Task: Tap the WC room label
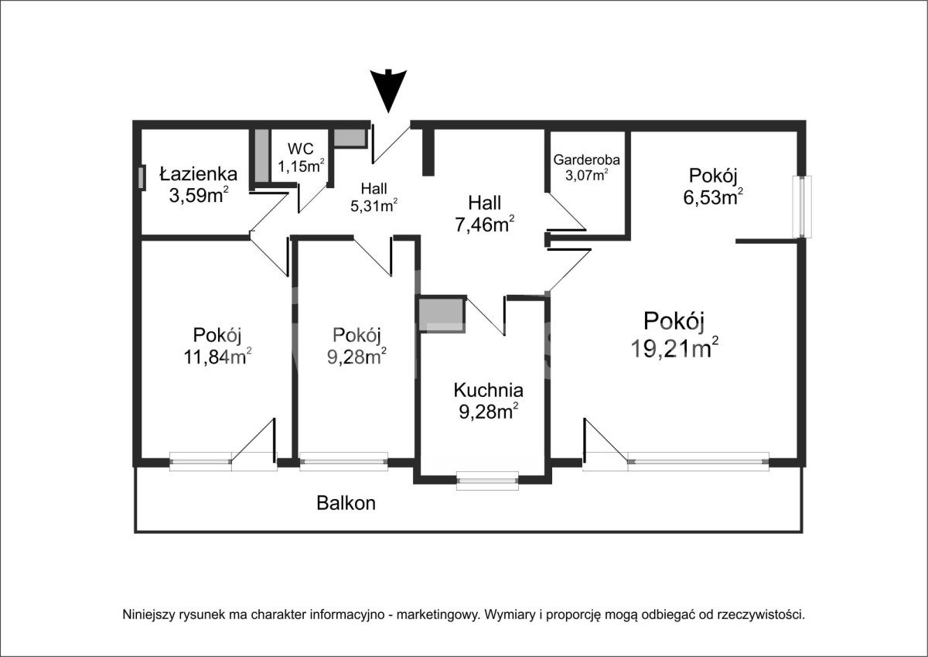(x=301, y=149)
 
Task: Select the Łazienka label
(x=199, y=175)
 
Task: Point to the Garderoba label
(x=587, y=159)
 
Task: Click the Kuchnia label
(x=489, y=391)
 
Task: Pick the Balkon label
(x=346, y=503)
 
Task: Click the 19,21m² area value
(x=674, y=347)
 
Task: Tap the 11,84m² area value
(x=217, y=356)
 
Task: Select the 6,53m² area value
(x=712, y=197)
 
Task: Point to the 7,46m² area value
(x=485, y=224)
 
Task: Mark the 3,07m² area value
(x=587, y=175)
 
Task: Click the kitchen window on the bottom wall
(x=487, y=481)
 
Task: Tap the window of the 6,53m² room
(x=802, y=207)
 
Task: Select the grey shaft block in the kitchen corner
(x=442, y=315)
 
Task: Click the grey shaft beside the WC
(x=261, y=156)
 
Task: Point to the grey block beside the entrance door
(x=350, y=138)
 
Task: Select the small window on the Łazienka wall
(x=142, y=178)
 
